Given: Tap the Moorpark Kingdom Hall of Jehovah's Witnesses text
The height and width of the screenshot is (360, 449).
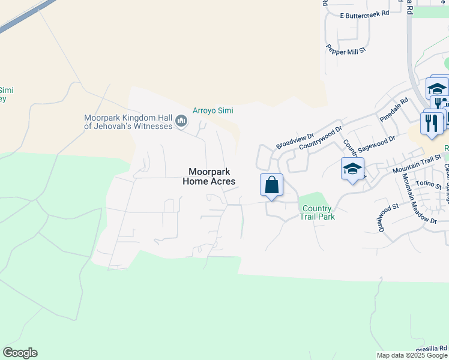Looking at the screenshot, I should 128,122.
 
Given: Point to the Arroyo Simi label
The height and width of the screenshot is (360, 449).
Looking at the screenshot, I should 212,110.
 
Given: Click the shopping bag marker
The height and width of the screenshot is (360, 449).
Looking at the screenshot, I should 271,185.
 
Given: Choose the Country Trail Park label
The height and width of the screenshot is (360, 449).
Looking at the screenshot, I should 318,212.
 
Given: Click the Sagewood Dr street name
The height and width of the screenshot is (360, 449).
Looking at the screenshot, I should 376,143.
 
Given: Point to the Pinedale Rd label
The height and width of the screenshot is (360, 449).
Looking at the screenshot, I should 394,110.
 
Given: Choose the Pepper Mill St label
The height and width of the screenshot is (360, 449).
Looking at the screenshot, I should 346,50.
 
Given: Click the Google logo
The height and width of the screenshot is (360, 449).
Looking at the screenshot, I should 20,353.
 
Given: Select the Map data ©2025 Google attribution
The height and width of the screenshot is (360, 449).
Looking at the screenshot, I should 412,355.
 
